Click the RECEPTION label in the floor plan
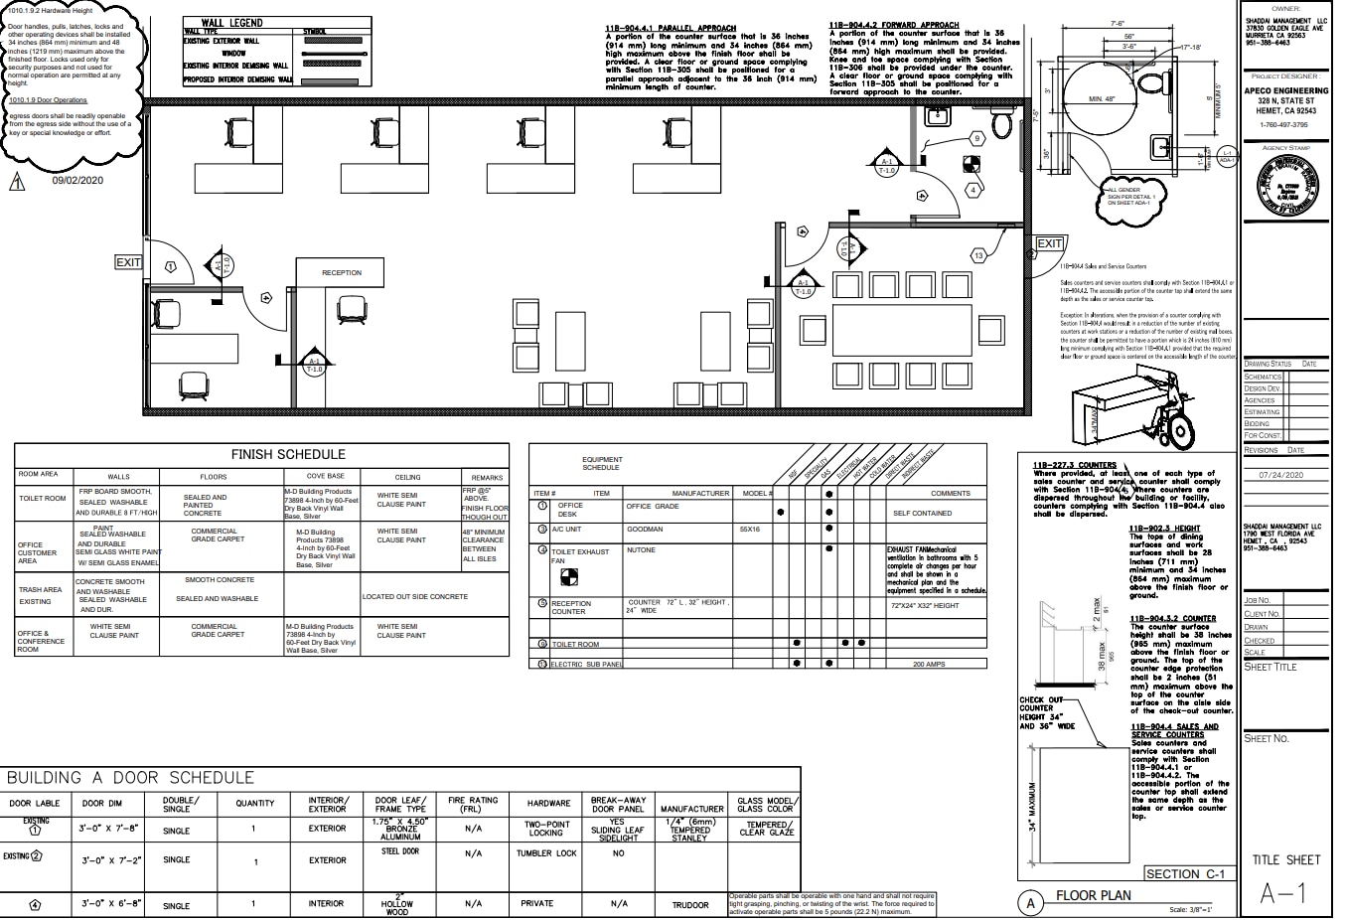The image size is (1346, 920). [341, 272]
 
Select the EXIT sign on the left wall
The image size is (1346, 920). [128, 262]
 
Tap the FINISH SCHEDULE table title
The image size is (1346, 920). [288, 454]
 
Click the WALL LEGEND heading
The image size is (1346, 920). [232, 22]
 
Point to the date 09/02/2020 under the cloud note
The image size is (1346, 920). [77, 180]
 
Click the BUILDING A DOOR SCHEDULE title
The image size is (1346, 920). [131, 778]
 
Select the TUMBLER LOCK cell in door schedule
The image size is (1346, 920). [546, 853]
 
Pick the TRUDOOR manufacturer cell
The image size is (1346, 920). [690, 904]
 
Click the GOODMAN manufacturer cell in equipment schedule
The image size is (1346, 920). [645, 530]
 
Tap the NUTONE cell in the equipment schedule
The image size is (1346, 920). [641, 550]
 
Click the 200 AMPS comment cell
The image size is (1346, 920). [929, 664]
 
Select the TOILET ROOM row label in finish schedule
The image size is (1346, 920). [43, 499]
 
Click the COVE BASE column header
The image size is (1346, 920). [325, 477]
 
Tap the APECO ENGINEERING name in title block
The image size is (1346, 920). [1286, 90]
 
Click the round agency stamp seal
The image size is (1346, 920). [1286, 187]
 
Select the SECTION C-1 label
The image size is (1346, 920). [1185, 874]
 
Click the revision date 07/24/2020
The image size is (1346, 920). [1286, 475]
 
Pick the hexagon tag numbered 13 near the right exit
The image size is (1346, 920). [978, 255]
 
